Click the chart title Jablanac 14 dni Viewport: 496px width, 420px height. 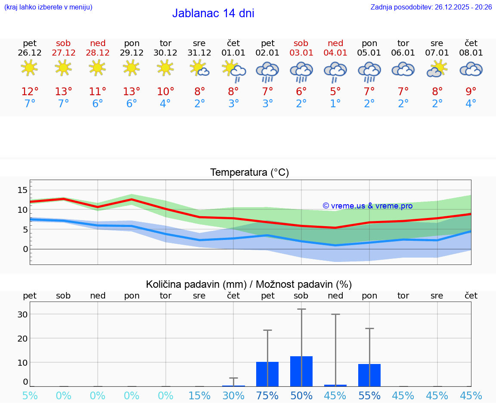click(213, 13)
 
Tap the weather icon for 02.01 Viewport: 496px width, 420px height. click(267, 72)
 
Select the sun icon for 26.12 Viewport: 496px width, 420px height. click(29, 68)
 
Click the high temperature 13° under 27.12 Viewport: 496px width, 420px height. click(63, 92)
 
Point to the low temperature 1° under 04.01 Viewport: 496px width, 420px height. click(335, 104)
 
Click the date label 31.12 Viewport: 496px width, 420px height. click(199, 53)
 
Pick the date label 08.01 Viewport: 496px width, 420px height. click(471, 53)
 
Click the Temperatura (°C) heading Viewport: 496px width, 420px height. click(249, 173)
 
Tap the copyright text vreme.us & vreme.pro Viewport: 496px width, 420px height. click(368, 206)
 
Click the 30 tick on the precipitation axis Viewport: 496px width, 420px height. click(22, 314)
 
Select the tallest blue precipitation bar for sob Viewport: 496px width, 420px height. click(301, 371)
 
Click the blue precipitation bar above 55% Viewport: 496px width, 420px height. click(369, 375)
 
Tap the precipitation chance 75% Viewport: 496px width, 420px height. click(267, 396)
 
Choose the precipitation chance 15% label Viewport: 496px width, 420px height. click(199, 396)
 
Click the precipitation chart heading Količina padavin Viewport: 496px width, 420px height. click(248, 284)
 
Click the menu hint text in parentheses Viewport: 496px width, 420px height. click(48, 7)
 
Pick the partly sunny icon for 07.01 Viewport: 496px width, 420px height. click(437, 69)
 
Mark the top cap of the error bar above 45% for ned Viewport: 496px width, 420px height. click(335, 314)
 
